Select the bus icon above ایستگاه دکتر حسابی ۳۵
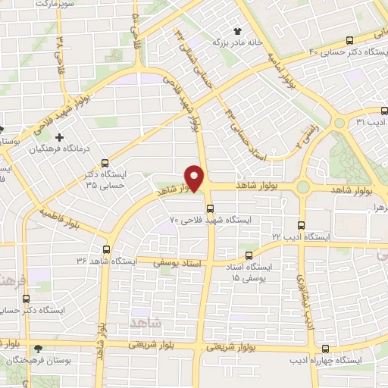[x=105, y=163]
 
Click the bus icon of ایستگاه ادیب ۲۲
[x=302, y=225]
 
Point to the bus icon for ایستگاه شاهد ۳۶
[x=106, y=249]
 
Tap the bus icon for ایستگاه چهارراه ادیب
[x=325, y=349]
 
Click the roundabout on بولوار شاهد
[x=303, y=186]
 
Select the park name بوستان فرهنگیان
[x=36, y=361]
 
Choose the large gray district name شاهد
[x=147, y=322]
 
